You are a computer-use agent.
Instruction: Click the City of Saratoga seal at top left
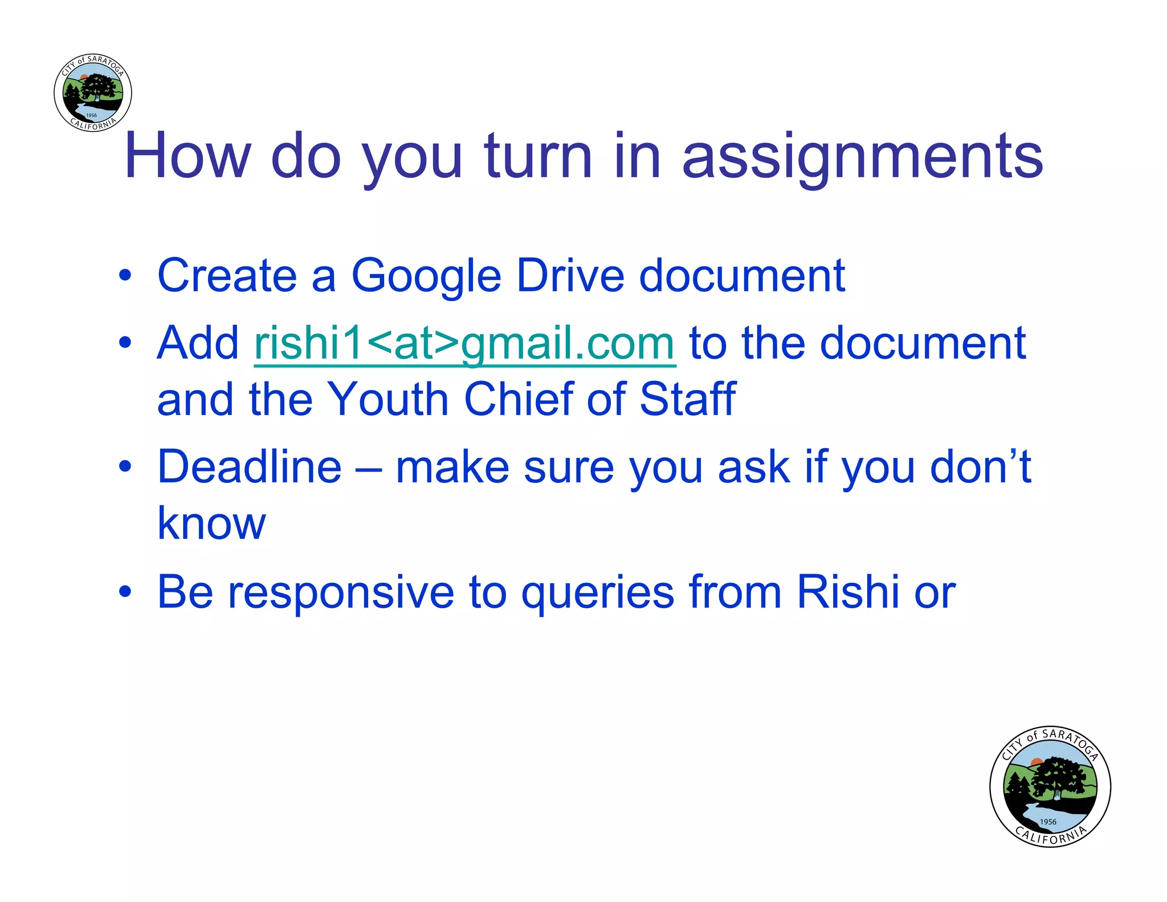(93, 93)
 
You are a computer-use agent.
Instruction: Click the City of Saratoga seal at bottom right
(1050, 787)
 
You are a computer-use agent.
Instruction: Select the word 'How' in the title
(187, 156)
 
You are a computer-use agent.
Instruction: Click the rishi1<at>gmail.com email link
(464, 343)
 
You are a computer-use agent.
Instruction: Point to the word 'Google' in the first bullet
(426, 276)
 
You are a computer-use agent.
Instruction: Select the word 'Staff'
(687, 399)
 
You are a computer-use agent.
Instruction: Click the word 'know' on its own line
(211, 523)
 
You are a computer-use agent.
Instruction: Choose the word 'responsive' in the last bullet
(341, 592)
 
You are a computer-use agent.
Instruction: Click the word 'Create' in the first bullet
(227, 276)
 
